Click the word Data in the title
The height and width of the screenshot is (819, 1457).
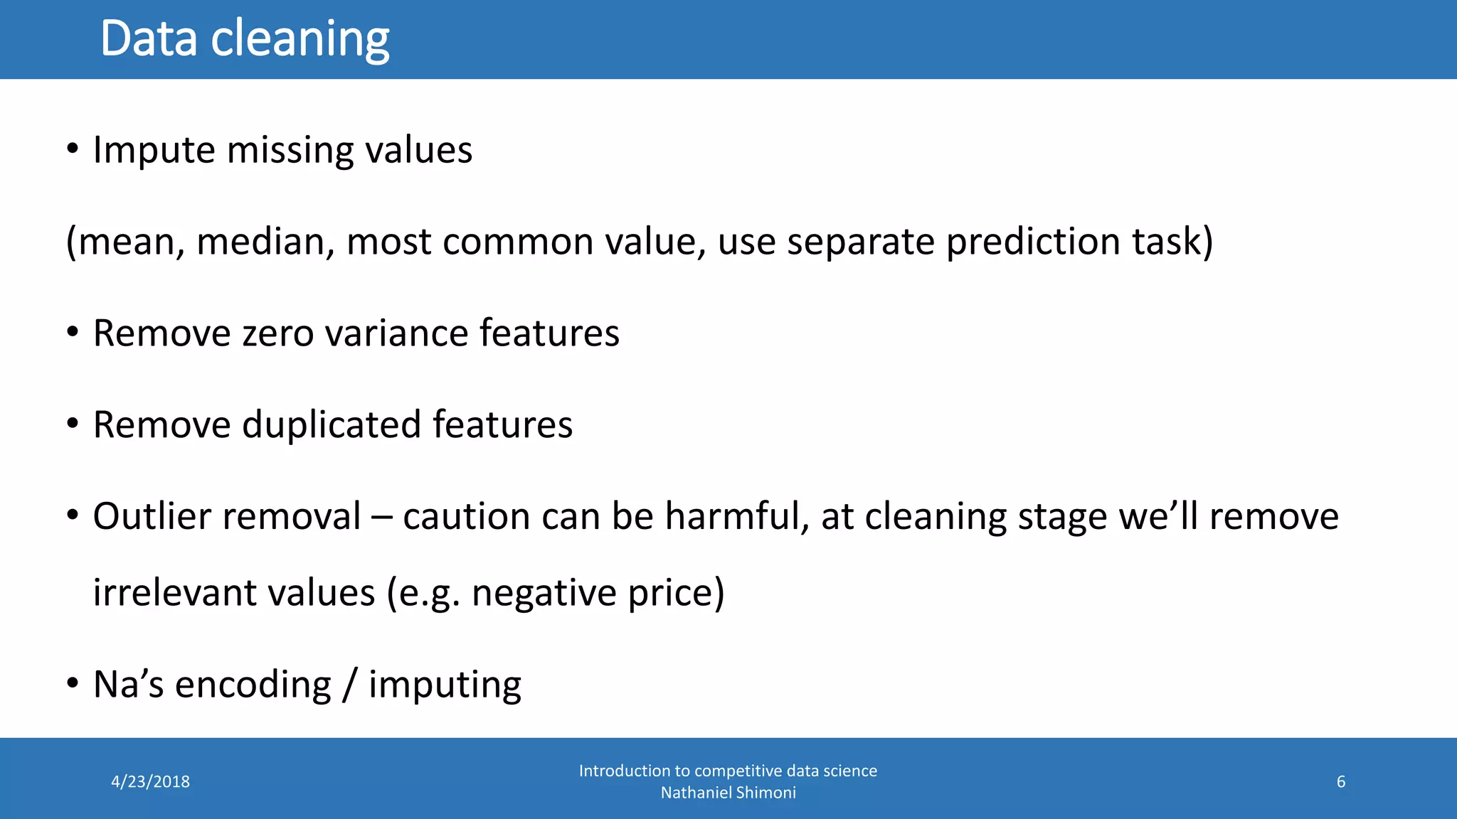click(x=149, y=38)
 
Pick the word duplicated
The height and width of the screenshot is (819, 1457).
click(x=332, y=425)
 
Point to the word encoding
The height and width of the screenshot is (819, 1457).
click(x=253, y=686)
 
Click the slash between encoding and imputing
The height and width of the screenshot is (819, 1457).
click(x=349, y=685)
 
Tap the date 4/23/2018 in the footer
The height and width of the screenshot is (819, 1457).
click(x=151, y=782)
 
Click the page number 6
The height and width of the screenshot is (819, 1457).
click(x=1340, y=782)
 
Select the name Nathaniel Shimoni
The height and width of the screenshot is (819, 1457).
click(x=728, y=793)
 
